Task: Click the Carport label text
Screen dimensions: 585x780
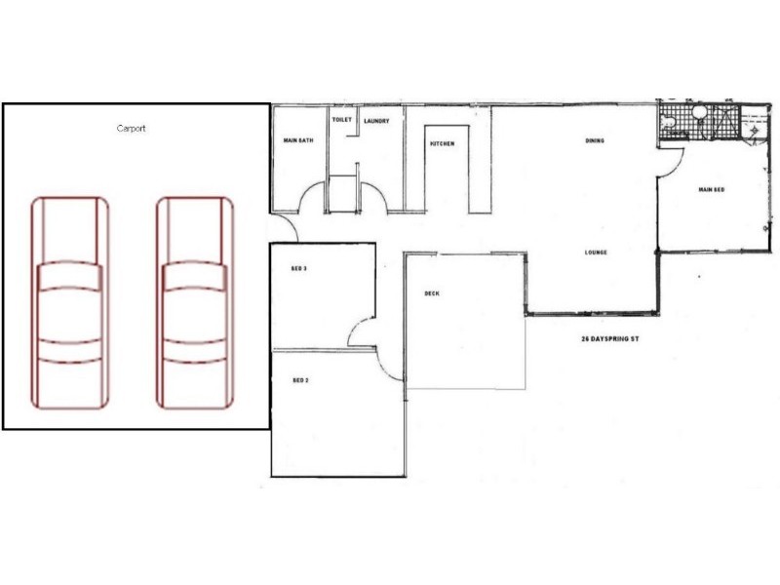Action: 130,129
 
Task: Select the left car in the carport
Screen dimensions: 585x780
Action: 69,302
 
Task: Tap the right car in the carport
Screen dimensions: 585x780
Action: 195,302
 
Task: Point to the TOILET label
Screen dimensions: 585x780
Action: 341,120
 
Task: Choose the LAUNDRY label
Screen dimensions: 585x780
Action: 376,121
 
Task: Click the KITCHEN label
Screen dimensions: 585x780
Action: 442,144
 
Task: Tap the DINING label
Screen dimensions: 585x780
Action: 595,141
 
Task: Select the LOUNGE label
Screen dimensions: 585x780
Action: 596,253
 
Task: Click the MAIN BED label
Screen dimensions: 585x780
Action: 712,189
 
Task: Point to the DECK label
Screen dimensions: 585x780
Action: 432,293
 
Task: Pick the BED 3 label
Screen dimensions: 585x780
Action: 299,268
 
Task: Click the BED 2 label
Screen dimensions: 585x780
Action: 300,380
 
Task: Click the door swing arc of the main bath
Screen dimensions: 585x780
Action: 310,195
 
